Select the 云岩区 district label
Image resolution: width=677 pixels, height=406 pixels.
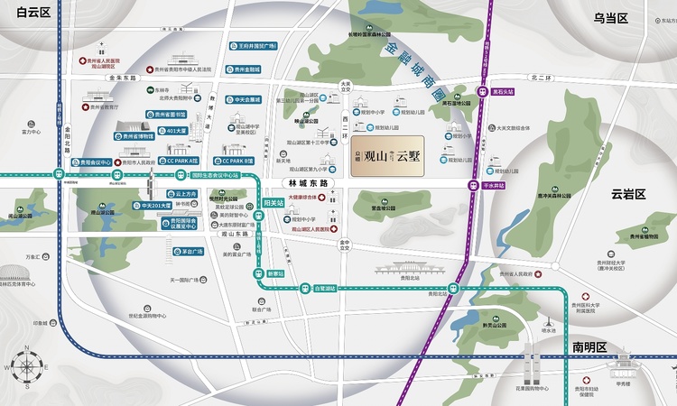pos(629,194)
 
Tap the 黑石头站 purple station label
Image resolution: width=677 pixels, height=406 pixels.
pos(504,91)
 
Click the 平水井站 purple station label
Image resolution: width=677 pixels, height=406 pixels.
pos(494,185)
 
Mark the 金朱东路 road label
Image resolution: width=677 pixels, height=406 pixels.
pos(120,78)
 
